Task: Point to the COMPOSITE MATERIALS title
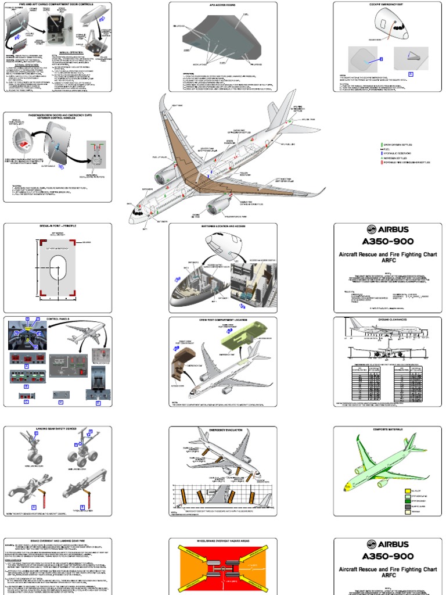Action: (x=387, y=429)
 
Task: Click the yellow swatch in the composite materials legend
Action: (x=407, y=491)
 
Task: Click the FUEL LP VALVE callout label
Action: (x=159, y=157)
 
